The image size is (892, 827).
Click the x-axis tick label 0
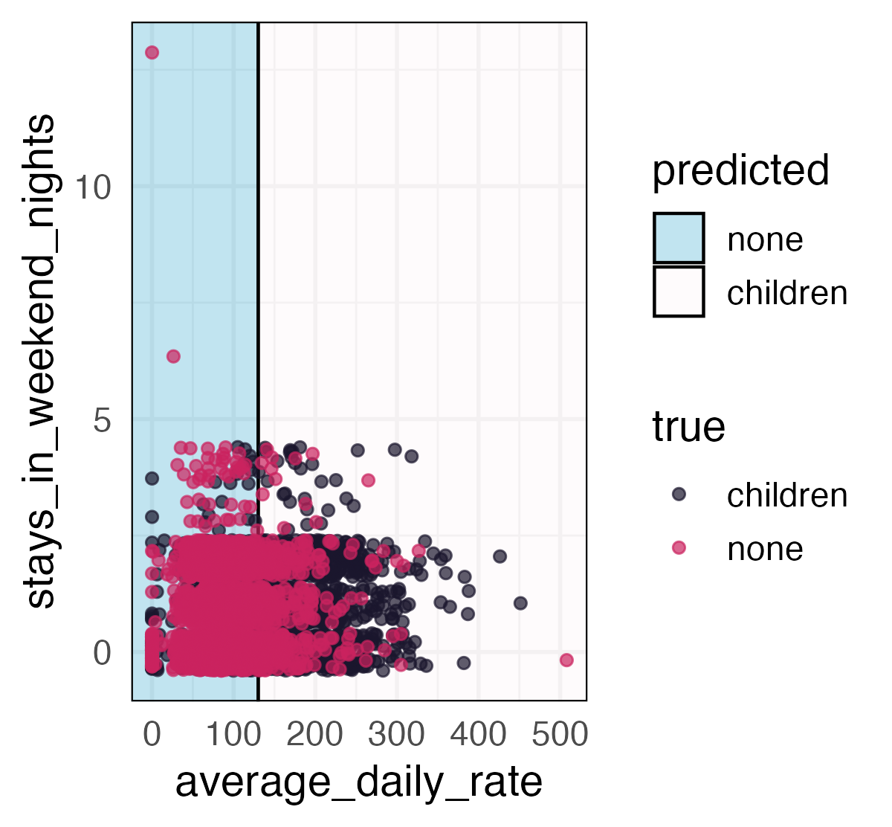click(152, 736)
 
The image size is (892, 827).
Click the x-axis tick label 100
click(233, 736)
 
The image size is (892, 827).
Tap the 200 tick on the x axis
click(314, 736)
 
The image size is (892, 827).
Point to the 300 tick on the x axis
click(396, 736)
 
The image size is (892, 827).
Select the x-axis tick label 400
click(478, 736)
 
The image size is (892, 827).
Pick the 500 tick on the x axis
click(560, 736)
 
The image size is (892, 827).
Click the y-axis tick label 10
click(92, 187)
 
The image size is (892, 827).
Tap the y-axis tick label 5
click(102, 420)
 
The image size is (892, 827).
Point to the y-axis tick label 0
click(102, 654)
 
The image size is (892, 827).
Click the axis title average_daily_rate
click(358, 782)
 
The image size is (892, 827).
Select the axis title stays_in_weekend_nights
click(39, 361)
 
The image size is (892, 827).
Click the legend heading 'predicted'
click(740, 170)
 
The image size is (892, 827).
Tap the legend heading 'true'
click(688, 428)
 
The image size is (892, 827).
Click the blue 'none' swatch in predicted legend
click(679, 239)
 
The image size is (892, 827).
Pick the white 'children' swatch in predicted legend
click(679, 292)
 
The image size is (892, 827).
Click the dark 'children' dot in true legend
click(679, 495)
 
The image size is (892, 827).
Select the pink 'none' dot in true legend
click(679, 548)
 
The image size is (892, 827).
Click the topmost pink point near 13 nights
click(152, 52)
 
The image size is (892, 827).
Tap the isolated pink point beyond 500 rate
click(566, 660)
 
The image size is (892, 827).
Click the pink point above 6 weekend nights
click(173, 356)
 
